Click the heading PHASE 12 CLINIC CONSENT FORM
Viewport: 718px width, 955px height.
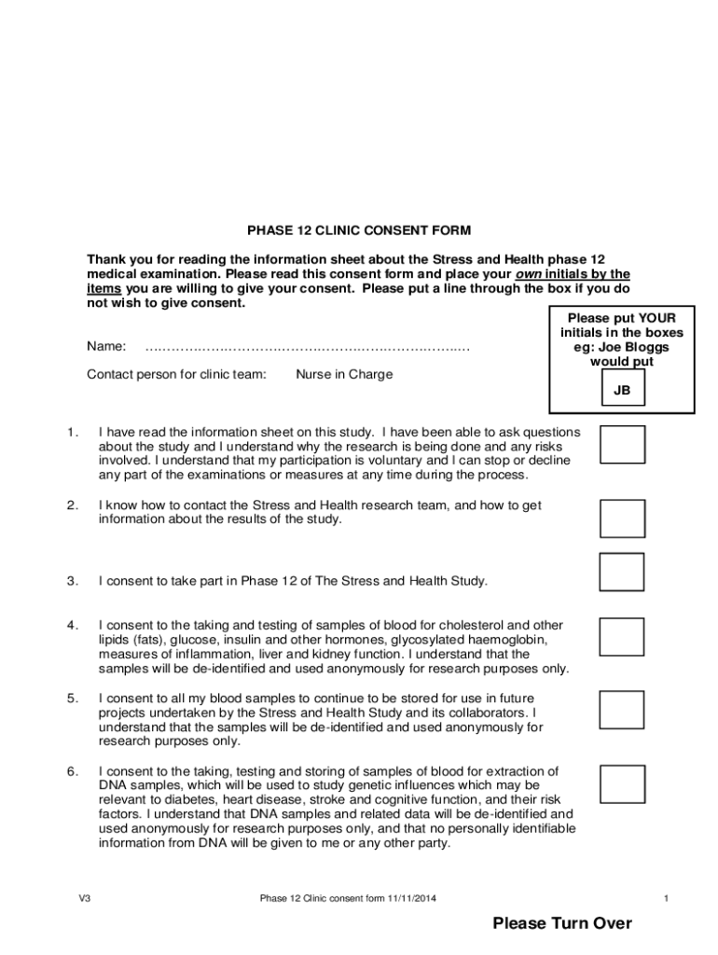click(x=359, y=229)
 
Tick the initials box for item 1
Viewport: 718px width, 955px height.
click(x=622, y=445)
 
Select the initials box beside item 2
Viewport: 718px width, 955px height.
click(x=622, y=519)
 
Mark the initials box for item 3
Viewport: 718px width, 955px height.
click(x=622, y=572)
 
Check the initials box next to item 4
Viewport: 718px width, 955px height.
click(x=622, y=636)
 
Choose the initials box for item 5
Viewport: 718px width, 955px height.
click(x=622, y=710)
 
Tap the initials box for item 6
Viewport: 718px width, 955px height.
click(x=622, y=784)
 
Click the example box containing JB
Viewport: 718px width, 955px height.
click(x=622, y=391)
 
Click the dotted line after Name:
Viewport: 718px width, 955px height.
click(x=307, y=347)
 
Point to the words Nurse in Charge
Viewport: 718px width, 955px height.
click(x=344, y=375)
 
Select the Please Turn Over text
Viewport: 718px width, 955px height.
click(x=562, y=923)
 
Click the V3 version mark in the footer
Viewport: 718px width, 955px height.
click(x=85, y=899)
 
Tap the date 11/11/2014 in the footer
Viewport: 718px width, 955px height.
click(x=412, y=899)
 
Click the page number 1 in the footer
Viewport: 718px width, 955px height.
click(x=667, y=899)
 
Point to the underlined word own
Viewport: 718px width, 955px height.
click(x=531, y=274)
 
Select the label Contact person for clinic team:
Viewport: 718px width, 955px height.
click(x=176, y=375)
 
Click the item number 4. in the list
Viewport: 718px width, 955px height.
click(x=72, y=625)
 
